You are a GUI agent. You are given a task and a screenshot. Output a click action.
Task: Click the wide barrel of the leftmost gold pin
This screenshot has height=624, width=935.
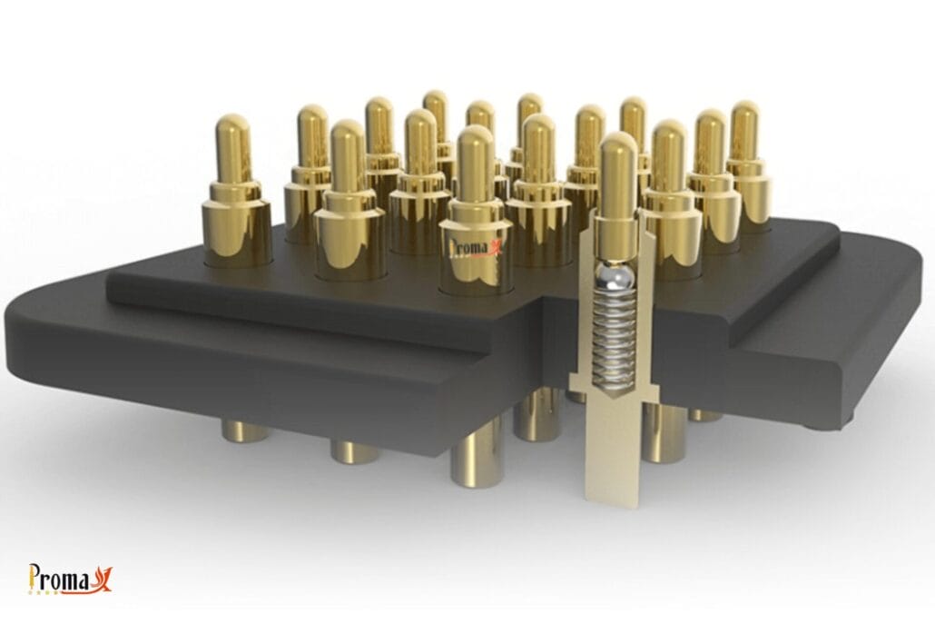[237, 232]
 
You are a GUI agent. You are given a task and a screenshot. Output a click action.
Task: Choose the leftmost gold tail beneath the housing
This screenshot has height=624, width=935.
[245, 431]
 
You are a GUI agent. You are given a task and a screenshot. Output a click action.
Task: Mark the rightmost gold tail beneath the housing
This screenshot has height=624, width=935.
[705, 415]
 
